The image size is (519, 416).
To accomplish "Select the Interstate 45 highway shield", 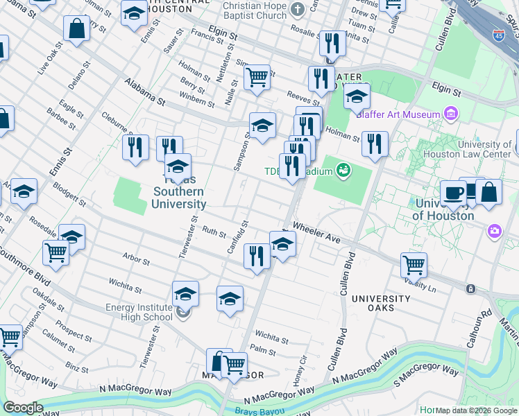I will pyautogui.click(x=499, y=36).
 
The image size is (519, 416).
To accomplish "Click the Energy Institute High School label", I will pyautogui.click(x=139, y=312).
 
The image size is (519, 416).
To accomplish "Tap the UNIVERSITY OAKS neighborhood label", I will pyautogui.click(x=380, y=303).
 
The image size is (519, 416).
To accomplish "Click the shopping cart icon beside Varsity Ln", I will pyautogui.click(x=414, y=264).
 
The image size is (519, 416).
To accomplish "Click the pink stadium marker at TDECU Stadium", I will pyautogui.click(x=343, y=170).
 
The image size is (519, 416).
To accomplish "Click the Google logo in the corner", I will pyautogui.click(x=23, y=408).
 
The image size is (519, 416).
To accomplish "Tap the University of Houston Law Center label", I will pyautogui.click(x=476, y=149).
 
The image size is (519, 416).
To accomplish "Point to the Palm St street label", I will pyautogui.click(x=263, y=351).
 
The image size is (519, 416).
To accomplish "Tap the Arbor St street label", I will pyautogui.click(x=136, y=261).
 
